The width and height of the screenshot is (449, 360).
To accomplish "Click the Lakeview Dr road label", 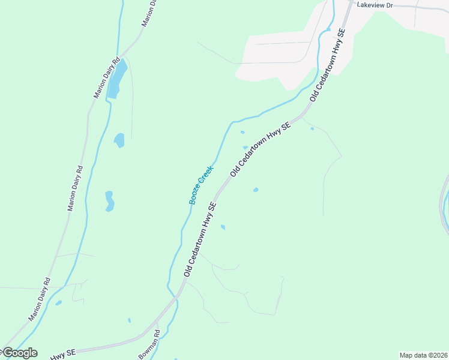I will click(x=375, y=5).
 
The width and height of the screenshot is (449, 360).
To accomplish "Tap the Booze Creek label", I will click(x=202, y=185).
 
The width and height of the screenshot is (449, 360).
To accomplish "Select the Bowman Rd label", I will click(x=149, y=344).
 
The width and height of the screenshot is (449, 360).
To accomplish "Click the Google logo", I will click(x=19, y=353).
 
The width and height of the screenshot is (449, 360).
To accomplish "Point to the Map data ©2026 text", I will click(x=423, y=355).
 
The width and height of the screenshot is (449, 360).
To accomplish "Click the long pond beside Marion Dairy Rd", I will click(x=117, y=79).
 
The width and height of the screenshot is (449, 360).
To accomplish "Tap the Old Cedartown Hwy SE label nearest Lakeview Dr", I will click(x=328, y=64).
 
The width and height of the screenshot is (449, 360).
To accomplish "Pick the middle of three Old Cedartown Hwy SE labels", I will click(x=260, y=148).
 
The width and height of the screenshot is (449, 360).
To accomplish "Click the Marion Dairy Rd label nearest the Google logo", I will click(x=40, y=299).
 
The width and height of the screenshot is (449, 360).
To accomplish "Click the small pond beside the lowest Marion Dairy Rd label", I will click(x=58, y=303).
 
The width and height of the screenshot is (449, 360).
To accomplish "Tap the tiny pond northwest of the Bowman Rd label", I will click(x=129, y=320).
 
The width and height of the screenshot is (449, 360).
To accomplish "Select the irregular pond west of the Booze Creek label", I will click(x=109, y=201).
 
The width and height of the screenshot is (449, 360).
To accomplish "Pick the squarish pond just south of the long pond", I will click(x=119, y=140).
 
